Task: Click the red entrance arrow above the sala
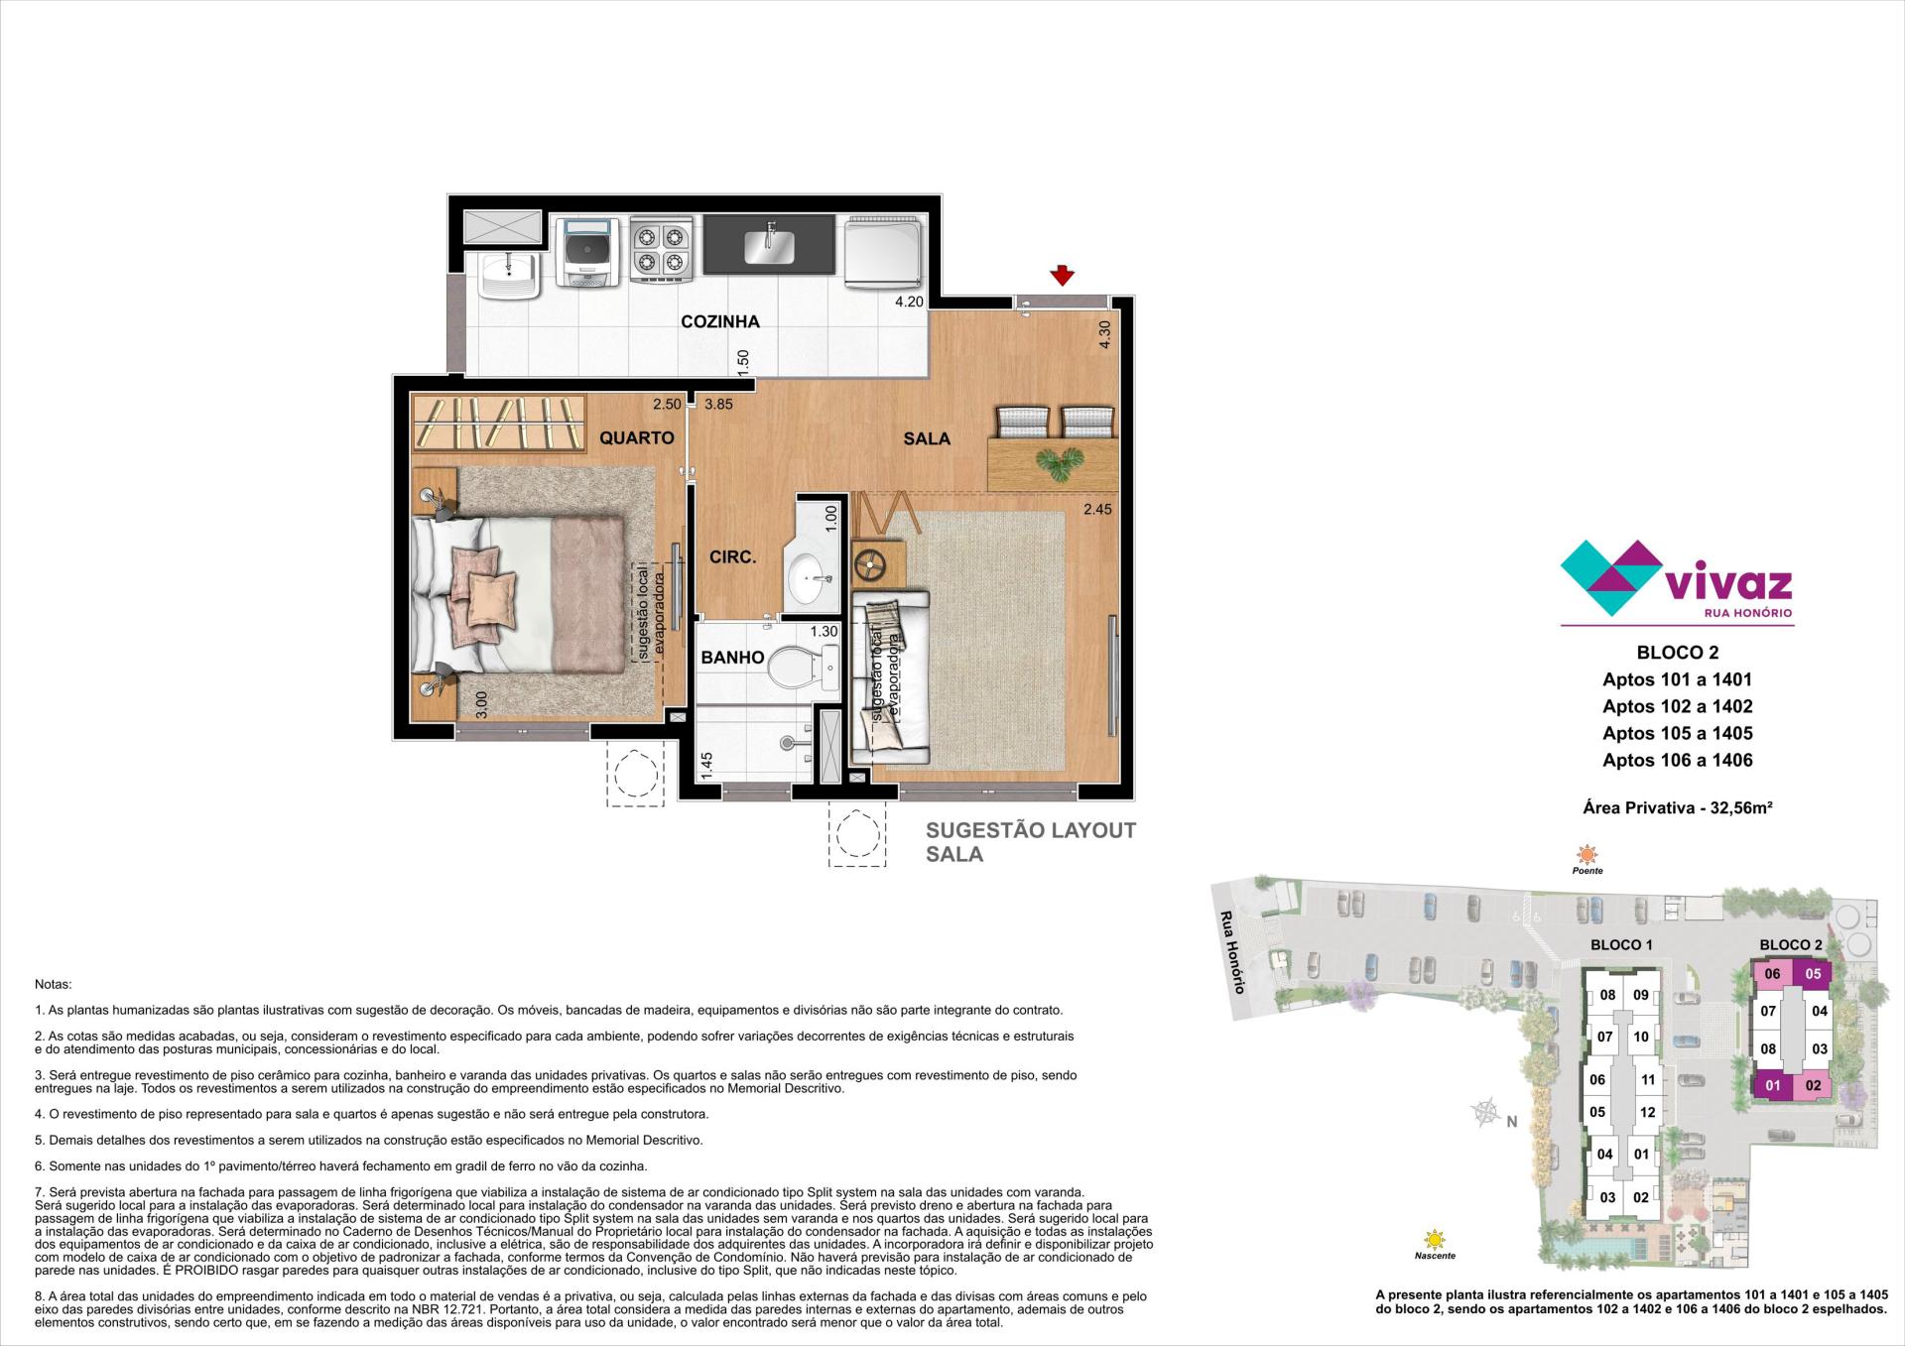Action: pyautogui.click(x=1063, y=275)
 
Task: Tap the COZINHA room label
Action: pyautogui.click(x=720, y=321)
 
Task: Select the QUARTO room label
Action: pyautogui.click(x=637, y=437)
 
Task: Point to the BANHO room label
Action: pyautogui.click(x=732, y=657)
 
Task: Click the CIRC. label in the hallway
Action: pyautogui.click(x=733, y=557)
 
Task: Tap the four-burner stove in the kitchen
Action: pyautogui.click(x=661, y=250)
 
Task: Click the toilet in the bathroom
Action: pyautogui.click(x=804, y=667)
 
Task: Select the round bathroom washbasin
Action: pyautogui.click(x=812, y=576)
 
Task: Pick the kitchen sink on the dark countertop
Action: pyautogui.click(x=770, y=244)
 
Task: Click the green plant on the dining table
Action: pyautogui.click(x=1058, y=463)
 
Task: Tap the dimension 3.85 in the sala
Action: pyautogui.click(x=718, y=405)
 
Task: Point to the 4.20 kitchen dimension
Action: pyautogui.click(x=909, y=302)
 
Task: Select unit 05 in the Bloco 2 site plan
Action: pyautogui.click(x=1813, y=973)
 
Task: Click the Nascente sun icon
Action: pyautogui.click(x=1434, y=1239)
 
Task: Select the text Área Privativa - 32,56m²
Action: pyautogui.click(x=1678, y=807)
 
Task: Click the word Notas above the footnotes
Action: pyautogui.click(x=54, y=985)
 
